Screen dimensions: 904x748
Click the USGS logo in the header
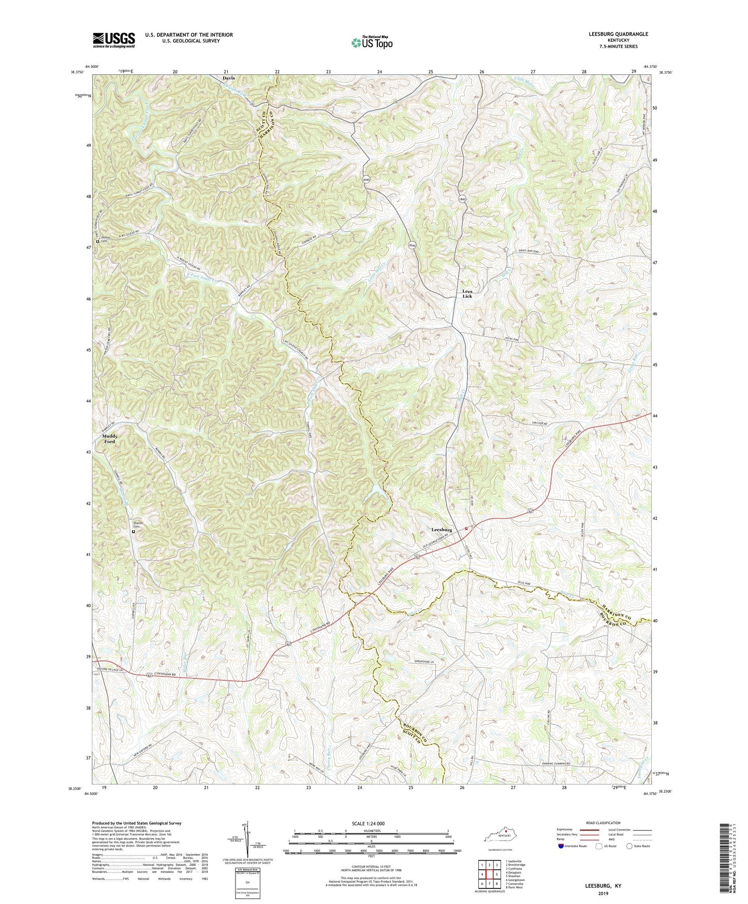(114, 40)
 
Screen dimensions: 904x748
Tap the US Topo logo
(372, 43)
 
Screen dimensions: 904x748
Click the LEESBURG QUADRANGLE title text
(618, 34)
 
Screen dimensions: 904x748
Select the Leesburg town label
(442, 530)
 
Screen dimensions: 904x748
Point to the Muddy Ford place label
(109, 439)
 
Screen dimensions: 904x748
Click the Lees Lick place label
(467, 294)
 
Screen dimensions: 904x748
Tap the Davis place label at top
(228, 78)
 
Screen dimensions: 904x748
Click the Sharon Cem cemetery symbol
(133, 531)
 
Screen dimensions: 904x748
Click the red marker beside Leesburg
(466, 529)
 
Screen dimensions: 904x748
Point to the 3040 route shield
(366, 179)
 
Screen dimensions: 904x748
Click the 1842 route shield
(462, 199)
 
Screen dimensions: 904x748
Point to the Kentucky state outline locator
(499, 837)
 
